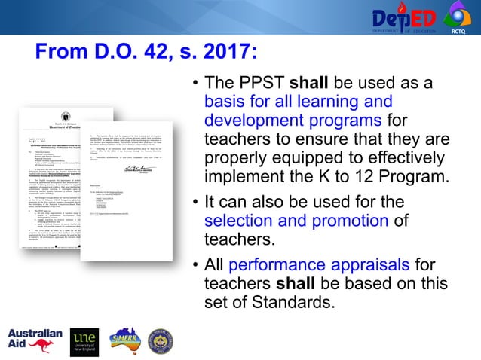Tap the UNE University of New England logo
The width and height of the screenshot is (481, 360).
(84, 341)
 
